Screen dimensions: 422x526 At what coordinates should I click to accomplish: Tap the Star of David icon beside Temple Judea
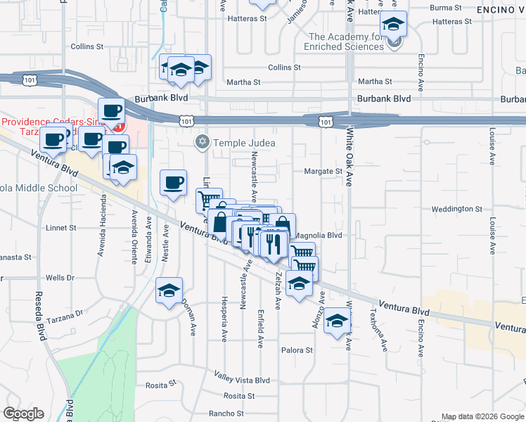pyautogui.click(x=203, y=142)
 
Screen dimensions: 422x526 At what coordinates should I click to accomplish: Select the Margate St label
pyautogui.click(x=323, y=171)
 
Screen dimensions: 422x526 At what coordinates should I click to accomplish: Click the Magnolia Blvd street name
pyautogui.click(x=317, y=236)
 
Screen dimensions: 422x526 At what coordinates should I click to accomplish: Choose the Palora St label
pyautogui.click(x=297, y=350)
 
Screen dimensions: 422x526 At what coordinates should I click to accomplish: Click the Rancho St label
pyautogui.click(x=226, y=414)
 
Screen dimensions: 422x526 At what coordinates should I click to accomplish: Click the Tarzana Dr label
pyautogui.click(x=70, y=312)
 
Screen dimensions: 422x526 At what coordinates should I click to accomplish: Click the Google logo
pyautogui.click(x=23, y=414)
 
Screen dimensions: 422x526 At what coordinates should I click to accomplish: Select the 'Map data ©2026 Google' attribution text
pyautogui.click(x=482, y=416)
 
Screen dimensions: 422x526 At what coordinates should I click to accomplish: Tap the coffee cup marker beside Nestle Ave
pyautogui.click(x=174, y=184)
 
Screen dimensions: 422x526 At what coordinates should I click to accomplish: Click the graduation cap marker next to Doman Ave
pyautogui.click(x=169, y=290)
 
